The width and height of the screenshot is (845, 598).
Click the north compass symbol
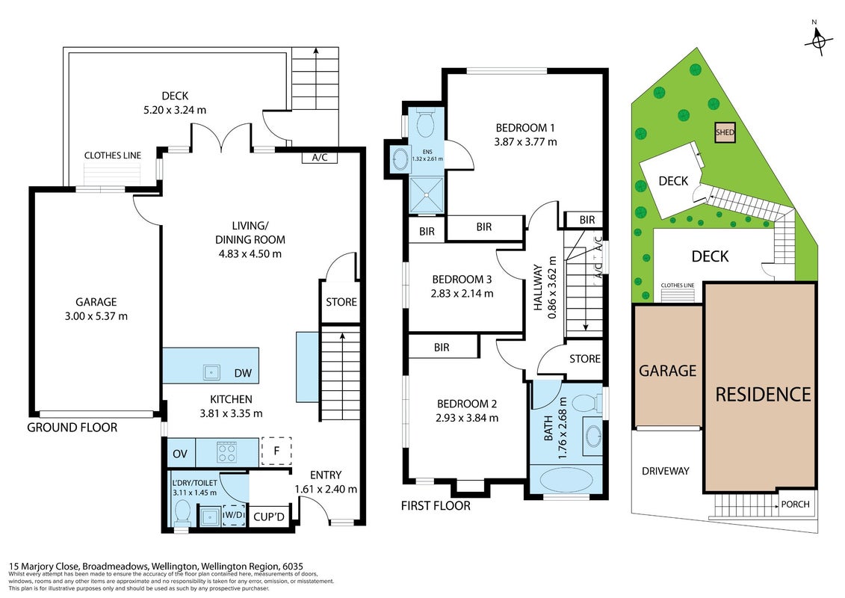point(818,40)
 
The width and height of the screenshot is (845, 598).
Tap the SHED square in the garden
point(725,132)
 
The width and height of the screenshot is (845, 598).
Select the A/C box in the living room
point(320,158)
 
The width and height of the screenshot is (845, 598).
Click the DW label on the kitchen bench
point(243,373)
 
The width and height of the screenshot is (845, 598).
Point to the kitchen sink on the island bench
point(211,372)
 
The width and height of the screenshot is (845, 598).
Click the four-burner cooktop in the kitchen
point(226,452)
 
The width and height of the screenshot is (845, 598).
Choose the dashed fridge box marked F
point(276,451)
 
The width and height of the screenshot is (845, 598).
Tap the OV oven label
point(179,454)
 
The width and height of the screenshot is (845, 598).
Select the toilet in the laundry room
point(182,513)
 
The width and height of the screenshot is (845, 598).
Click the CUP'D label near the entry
point(268,517)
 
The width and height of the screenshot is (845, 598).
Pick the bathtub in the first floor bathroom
point(566,479)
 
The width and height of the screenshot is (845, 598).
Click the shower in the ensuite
point(427,194)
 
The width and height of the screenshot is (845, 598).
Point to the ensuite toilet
point(427,123)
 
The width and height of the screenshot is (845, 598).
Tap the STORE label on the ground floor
point(341,302)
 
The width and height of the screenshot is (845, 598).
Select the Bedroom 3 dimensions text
point(462,294)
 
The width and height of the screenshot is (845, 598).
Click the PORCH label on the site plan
point(796,504)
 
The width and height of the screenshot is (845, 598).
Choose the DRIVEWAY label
point(666,471)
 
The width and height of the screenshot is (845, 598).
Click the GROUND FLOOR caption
point(72,428)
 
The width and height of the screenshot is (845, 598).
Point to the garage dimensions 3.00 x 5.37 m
point(96,316)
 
